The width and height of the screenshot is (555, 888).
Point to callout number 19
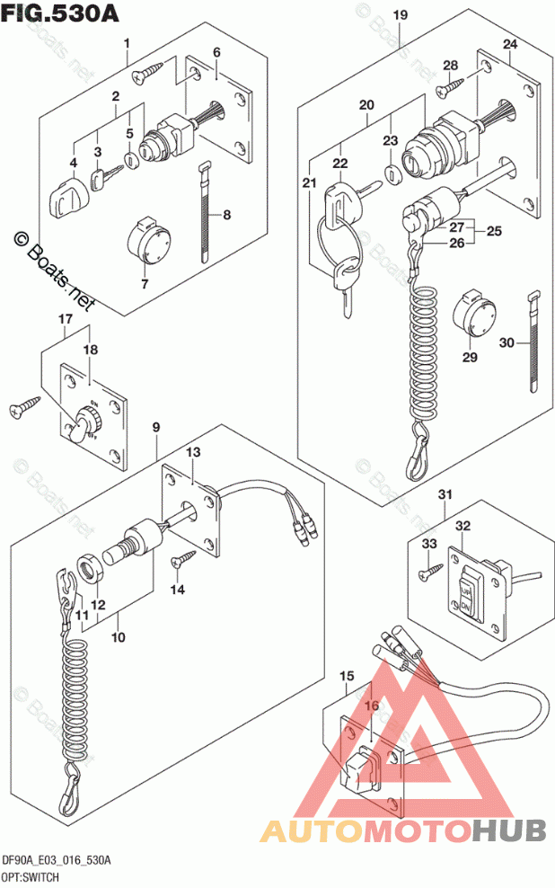click(400, 15)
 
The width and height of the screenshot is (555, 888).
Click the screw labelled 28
click(450, 86)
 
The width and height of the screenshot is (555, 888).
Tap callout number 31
click(444, 495)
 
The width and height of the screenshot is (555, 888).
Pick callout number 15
click(346, 675)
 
